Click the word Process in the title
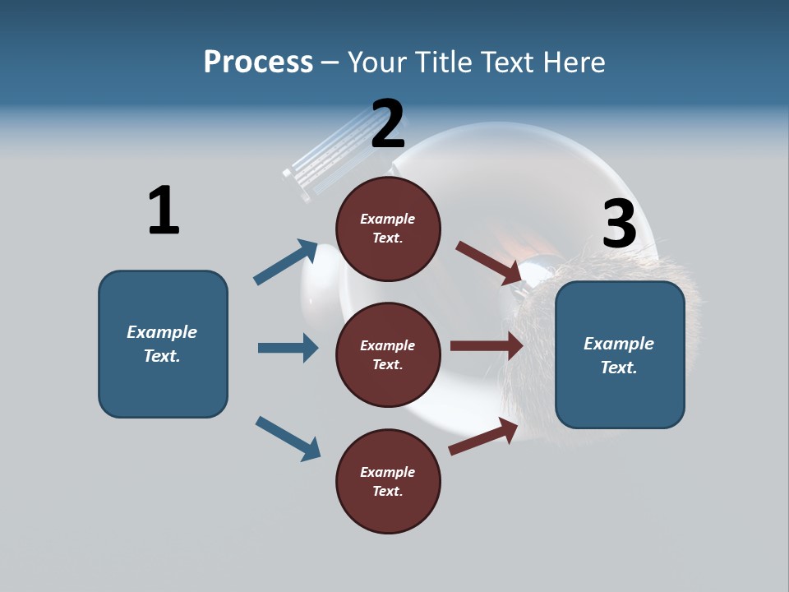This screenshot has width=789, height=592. point(258,62)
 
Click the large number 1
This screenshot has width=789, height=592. point(164,210)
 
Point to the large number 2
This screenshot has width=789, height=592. point(388,125)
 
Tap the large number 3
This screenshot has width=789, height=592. point(619,224)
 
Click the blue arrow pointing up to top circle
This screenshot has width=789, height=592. point(285,262)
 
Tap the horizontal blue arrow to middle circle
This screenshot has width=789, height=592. point(288,348)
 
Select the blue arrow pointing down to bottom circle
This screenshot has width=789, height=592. point(288,437)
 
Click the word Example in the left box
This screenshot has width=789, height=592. point(162,332)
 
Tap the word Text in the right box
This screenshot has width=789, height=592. point(618,368)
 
